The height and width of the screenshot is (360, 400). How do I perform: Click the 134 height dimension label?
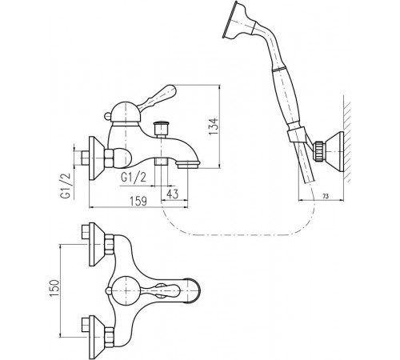[x=214, y=126]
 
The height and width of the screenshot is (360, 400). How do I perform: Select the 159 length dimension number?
[x=138, y=201]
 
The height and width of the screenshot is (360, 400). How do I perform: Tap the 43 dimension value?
[x=172, y=194]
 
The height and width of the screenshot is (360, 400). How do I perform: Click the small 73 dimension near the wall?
[x=326, y=197]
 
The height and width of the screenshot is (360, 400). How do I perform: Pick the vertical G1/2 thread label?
[x=66, y=186]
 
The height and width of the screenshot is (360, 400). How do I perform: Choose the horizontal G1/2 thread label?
[x=134, y=177]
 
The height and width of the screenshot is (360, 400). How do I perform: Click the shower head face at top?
[x=229, y=20]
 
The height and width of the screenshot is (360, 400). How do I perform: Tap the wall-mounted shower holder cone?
[x=334, y=152]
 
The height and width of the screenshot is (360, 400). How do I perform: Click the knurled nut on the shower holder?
[x=319, y=152]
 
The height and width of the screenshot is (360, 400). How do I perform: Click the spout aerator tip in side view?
[x=188, y=164]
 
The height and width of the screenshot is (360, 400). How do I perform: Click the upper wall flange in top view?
[x=97, y=244]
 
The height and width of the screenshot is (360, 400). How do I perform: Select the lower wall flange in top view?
[x=97, y=338]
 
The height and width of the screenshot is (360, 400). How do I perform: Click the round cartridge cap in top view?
[x=125, y=290]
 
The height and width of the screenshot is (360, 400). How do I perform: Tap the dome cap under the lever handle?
[x=125, y=114]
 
